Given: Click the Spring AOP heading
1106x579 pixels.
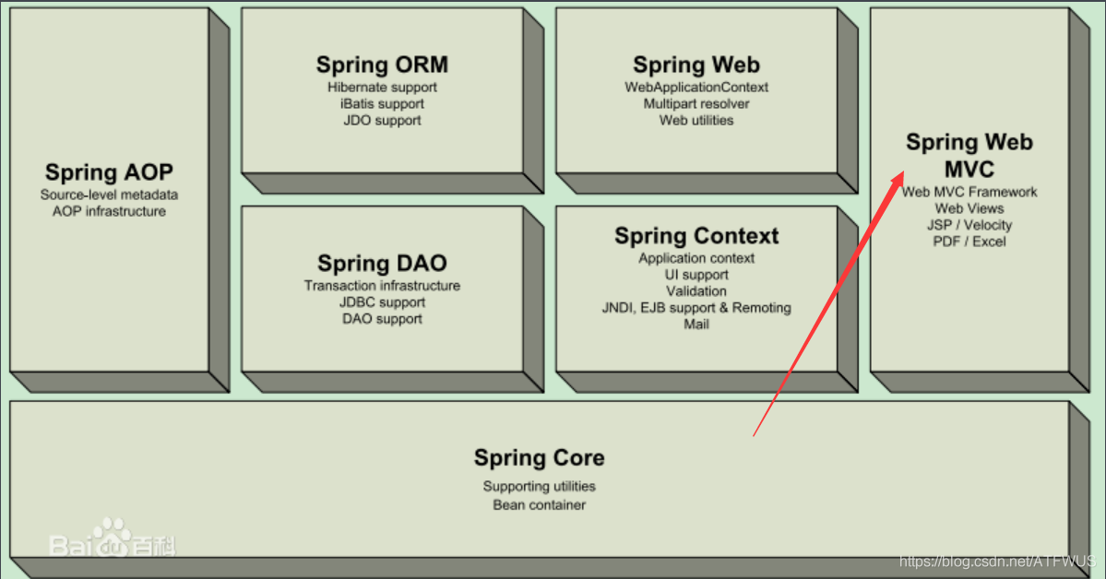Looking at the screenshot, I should tap(109, 172).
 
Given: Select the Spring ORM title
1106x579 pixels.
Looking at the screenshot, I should tap(382, 65).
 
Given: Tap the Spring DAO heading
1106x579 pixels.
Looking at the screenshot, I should tap(382, 264).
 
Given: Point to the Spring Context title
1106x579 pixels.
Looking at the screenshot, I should tap(696, 236).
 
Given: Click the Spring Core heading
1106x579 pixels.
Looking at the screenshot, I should tap(540, 457).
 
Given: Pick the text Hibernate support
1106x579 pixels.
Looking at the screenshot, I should tap(382, 88).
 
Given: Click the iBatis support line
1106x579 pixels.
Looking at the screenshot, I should tap(382, 104).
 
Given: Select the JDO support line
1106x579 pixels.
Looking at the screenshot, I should tap(382, 121).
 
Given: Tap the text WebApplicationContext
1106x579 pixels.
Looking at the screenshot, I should tap(696, 88).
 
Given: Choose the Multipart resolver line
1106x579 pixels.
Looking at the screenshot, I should tap(696, 104).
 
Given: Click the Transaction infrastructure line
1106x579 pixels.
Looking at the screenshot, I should tap(382, 286).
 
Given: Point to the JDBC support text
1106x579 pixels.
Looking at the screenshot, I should tap(382, 302).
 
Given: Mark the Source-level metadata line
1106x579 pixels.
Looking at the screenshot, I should tap(109, 195).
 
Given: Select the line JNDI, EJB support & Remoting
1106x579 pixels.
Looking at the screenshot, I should tap(696, 308).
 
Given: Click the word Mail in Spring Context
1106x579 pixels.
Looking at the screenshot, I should tap(696, 325).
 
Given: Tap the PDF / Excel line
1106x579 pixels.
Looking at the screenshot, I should tap(969, 242).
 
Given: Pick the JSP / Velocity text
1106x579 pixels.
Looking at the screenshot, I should tap(969, 225).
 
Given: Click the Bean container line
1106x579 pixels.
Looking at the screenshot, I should tap(540, 505).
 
